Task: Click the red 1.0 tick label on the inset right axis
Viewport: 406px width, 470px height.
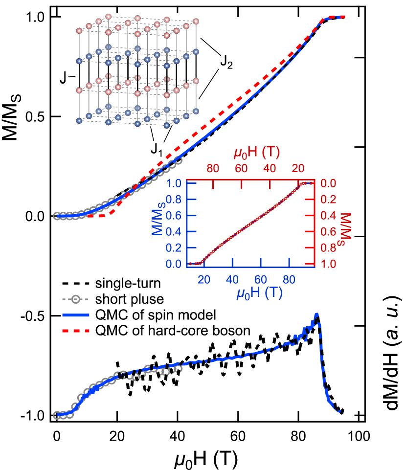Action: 323,264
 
